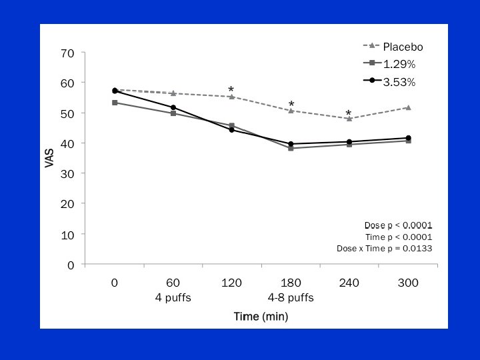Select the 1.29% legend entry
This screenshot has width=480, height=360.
point(399,64)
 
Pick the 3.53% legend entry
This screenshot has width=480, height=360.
point(399,82)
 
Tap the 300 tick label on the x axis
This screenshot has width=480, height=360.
point(407,283)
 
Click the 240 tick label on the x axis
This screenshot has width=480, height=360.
point(349,283)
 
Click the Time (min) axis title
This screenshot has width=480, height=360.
point(261,316)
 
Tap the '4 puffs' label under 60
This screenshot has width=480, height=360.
point(173,297)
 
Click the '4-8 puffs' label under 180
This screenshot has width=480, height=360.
point(290,297)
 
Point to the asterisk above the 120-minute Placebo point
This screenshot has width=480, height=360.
point(231,90)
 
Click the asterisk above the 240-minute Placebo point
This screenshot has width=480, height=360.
point(348,114)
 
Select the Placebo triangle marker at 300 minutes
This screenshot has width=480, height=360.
point(407,107)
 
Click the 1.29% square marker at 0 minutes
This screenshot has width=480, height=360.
point(115,103)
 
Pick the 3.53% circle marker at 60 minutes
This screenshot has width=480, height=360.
point(173,107)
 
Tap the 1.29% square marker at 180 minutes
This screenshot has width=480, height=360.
point(291,148)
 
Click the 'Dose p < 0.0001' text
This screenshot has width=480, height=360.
point(398,225)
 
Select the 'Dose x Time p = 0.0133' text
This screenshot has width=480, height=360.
point(384,249)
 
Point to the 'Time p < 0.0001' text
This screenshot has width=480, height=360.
point(398,237)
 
